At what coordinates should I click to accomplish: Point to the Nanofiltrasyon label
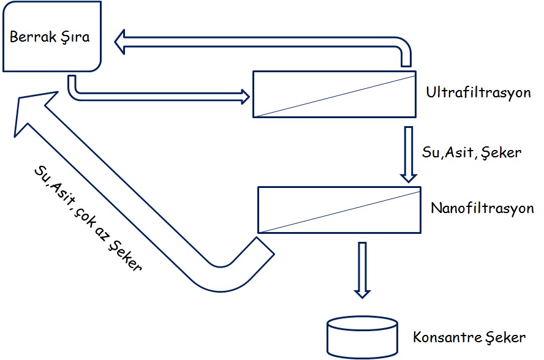coord(482,208)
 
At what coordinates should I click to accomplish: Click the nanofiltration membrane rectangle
coord(339,209)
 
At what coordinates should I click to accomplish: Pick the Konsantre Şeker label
coord(469,337)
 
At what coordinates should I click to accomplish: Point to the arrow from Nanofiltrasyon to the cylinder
coord(363,269)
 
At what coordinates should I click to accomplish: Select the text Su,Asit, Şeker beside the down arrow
coord(471,152)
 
